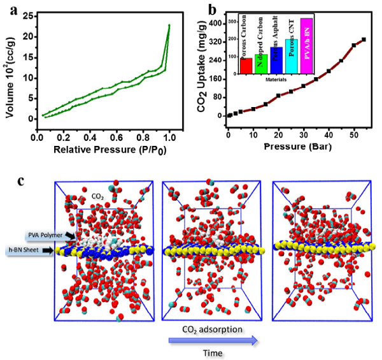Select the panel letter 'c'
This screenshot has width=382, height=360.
click(20, 180)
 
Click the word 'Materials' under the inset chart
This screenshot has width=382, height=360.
click(275, 80)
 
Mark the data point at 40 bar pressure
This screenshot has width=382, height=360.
click(329, 71)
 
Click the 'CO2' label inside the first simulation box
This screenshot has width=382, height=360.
click(99, 197)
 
